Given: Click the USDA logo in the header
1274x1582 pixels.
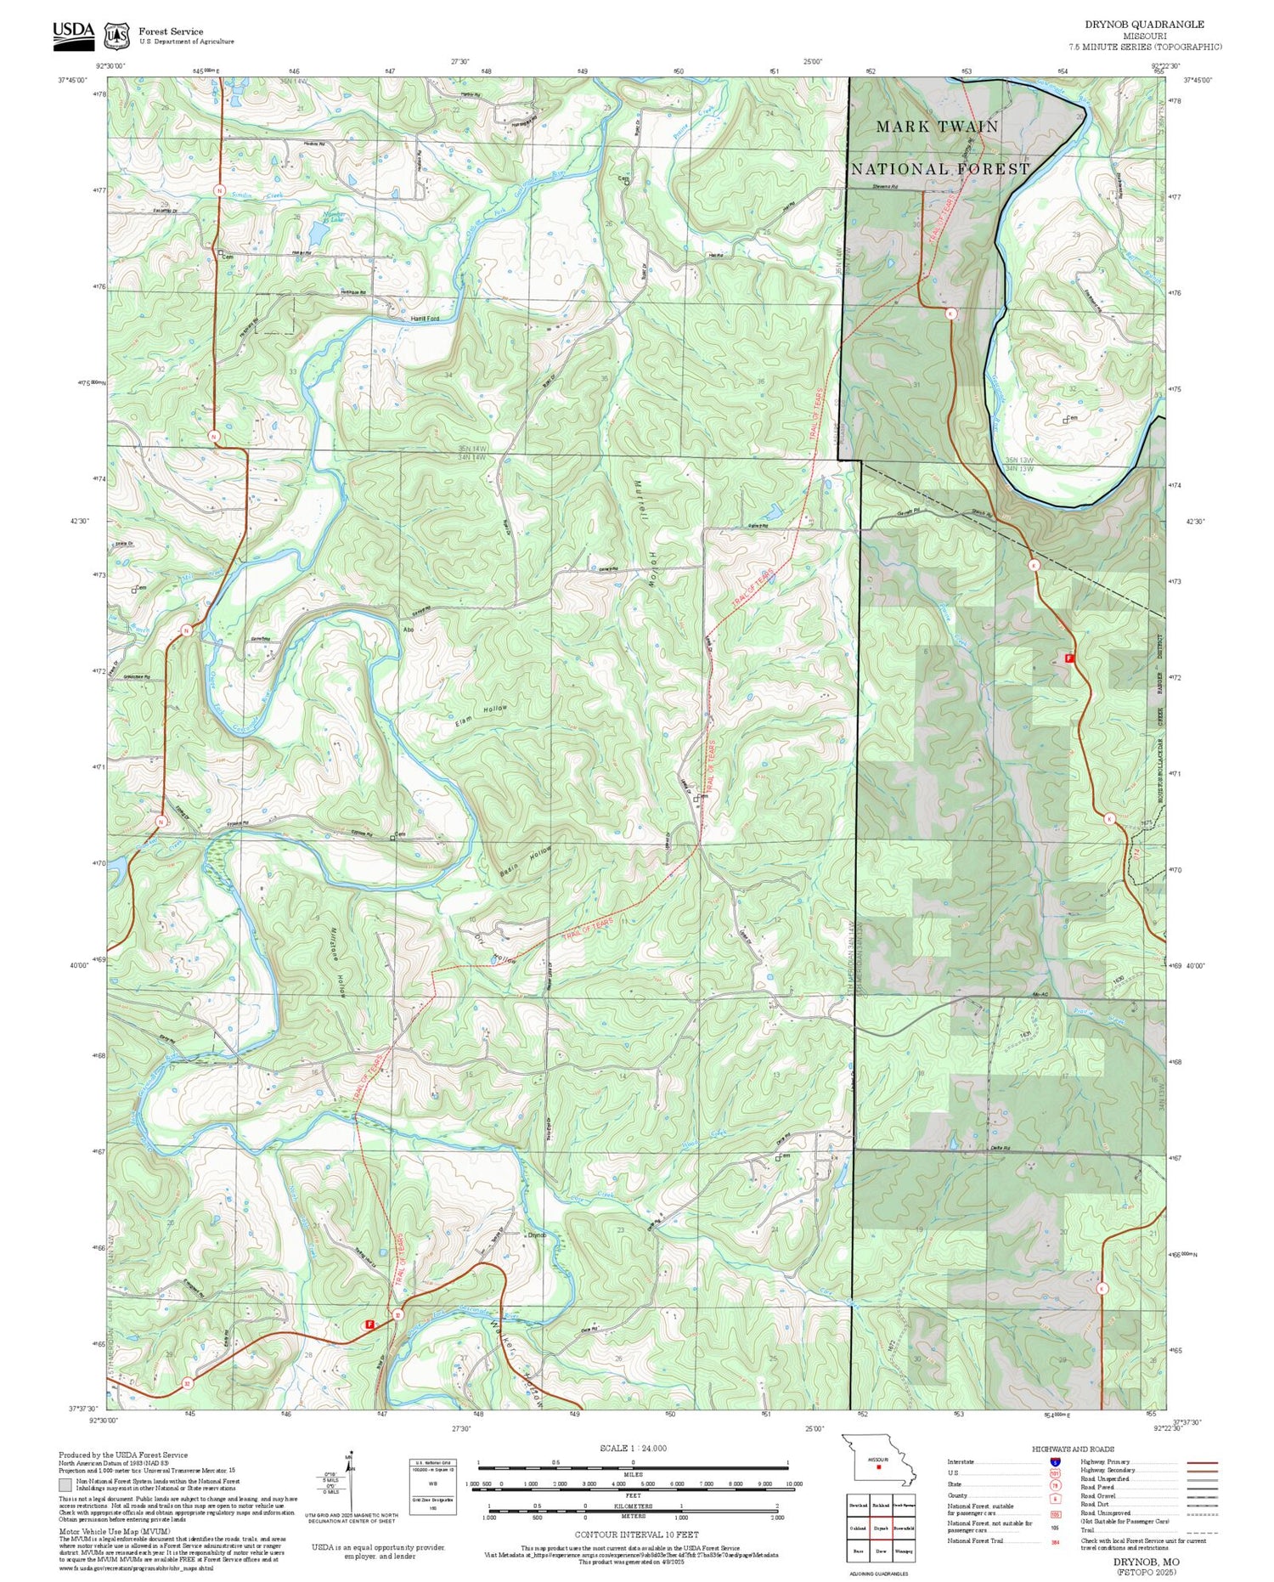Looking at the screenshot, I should click(73, 32).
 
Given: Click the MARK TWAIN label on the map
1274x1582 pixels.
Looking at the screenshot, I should click(937, 127).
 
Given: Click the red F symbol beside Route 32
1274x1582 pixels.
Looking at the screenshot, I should click(369, 1324).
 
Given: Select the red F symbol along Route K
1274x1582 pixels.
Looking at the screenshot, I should click(1069, 658).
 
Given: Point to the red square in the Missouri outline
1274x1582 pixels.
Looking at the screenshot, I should click(879, 1466).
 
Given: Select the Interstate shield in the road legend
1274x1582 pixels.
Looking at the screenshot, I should click(1055, 1461).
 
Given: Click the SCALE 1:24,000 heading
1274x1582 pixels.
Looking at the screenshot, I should click(633, 1449).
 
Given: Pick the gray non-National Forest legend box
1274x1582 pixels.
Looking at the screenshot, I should click(65, 1485).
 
